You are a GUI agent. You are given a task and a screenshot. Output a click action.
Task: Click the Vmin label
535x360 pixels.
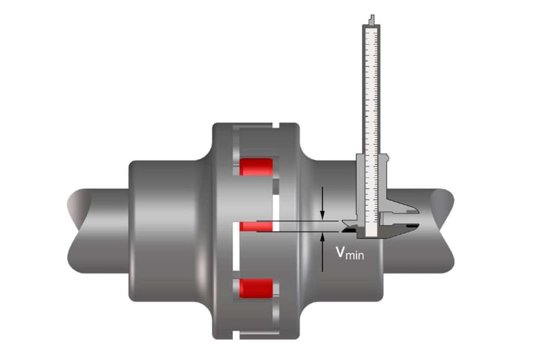coord(349,254)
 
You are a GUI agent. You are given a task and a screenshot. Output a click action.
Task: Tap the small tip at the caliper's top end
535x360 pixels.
coord(372,20)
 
